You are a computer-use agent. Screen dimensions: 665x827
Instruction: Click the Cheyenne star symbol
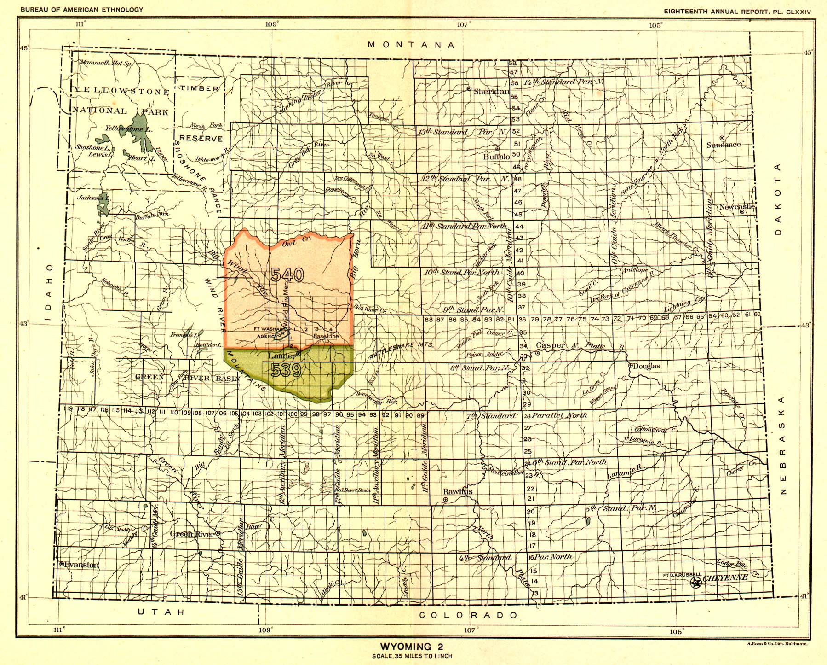point(696,583)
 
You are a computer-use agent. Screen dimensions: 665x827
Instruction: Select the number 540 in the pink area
point(287,275)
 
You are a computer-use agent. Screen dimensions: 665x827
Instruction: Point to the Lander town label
point(281,356)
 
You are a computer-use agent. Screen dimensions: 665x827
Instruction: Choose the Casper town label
point(550,345)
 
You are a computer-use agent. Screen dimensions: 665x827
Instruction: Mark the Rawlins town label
point(458,491)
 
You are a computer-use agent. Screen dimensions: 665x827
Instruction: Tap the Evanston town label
point(81,565)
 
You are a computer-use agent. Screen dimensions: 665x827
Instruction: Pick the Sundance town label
point(724,144)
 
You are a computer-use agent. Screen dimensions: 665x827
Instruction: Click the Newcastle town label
point(736,207)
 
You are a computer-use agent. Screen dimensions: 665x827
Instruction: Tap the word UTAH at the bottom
point(161,612)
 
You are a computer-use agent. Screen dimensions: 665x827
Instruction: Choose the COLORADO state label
point(468,615)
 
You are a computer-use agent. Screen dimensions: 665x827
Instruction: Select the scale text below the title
point(413,656)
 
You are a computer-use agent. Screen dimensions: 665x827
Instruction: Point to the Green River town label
point(192,534)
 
